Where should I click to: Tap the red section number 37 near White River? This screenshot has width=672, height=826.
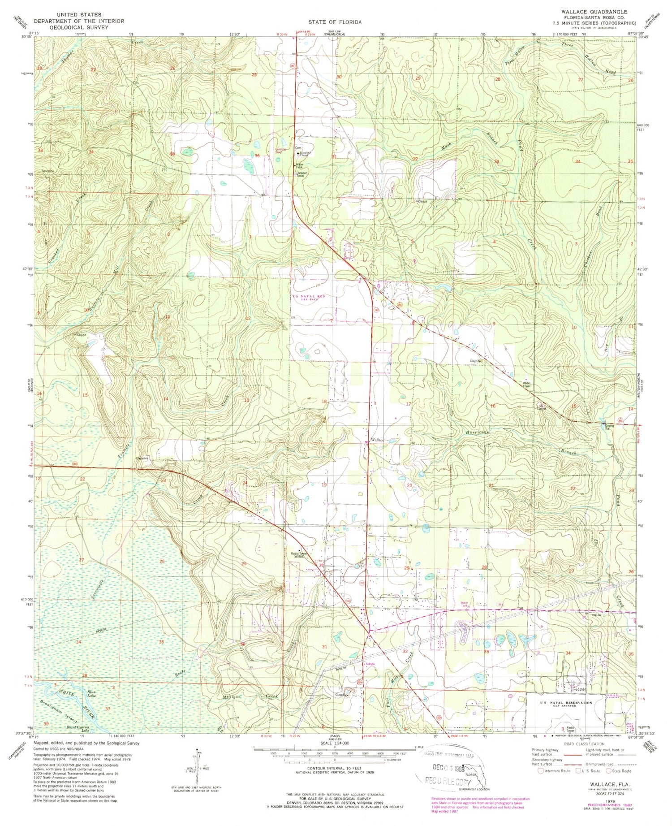pyautogui.click(x=107, y=709)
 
